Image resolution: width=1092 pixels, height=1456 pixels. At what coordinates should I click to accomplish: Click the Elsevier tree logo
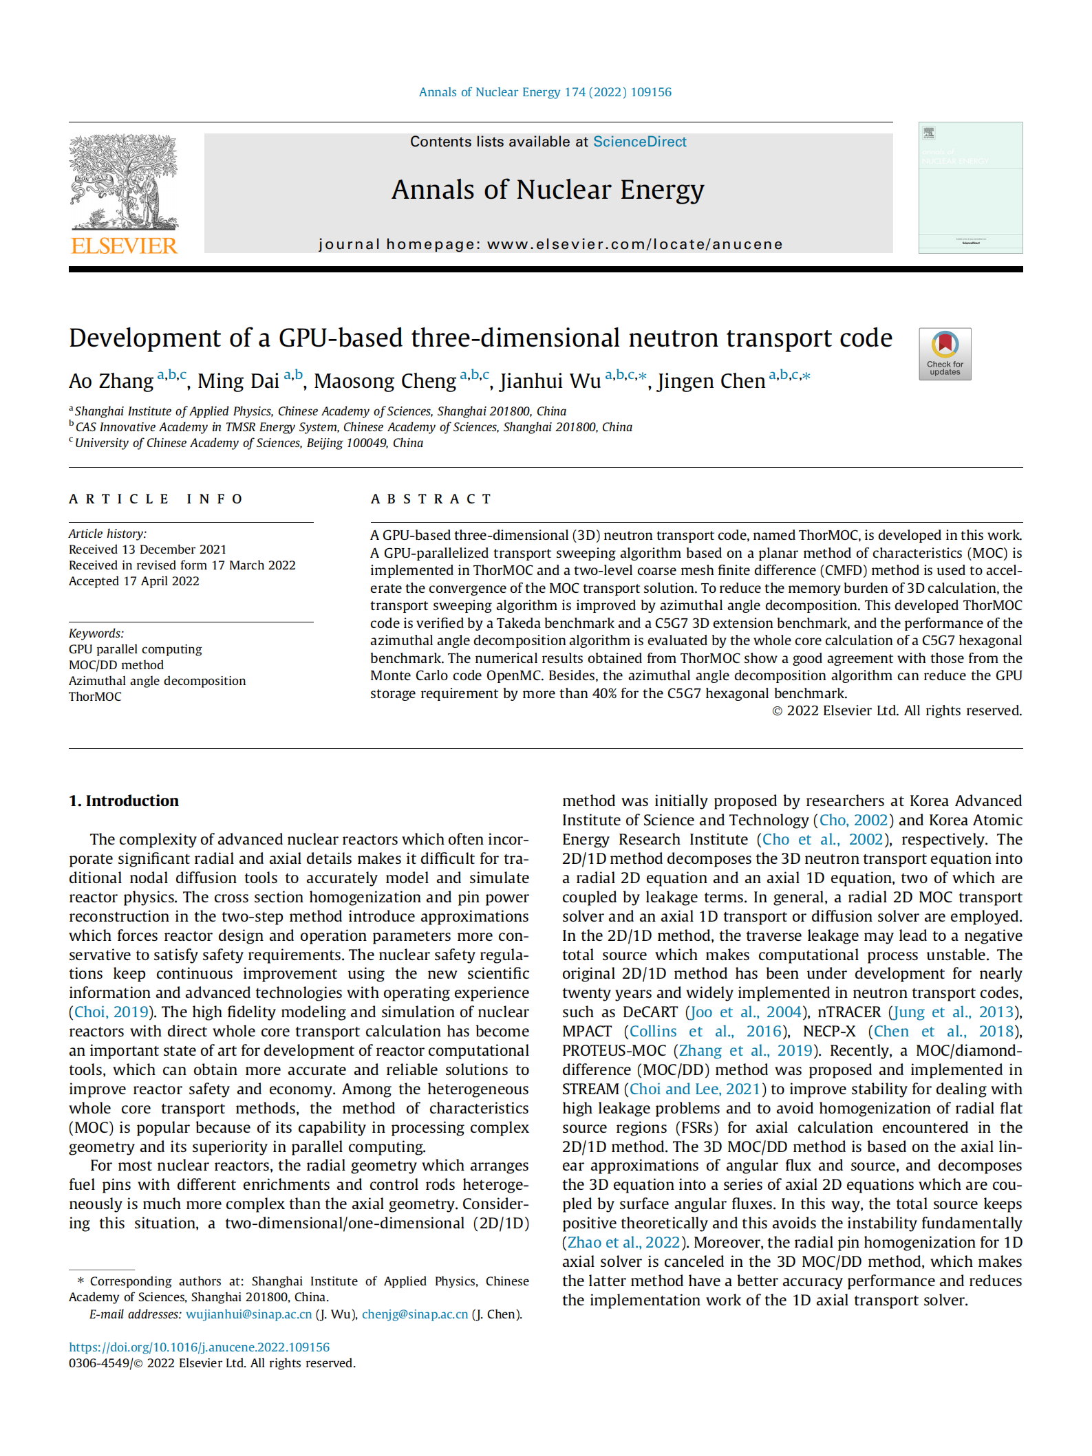pyautogui.click(x=124, y=182)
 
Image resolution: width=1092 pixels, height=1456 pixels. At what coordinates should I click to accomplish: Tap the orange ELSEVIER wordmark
pyautogui.click(x=124, y=246)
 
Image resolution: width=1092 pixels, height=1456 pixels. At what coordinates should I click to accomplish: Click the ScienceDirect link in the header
pyautogui.click(x=639, y=142)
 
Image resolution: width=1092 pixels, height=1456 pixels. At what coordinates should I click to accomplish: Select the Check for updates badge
pyautogui.click(x=944, y=354)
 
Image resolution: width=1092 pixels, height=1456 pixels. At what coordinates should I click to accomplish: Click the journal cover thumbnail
pyautogui.click(x=970, y=188)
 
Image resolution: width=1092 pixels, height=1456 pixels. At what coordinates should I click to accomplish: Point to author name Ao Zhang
pyautogui.click(x=111, y=381)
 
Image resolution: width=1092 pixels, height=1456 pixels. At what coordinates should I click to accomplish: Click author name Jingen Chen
pyautogui.click(x=711, y=381)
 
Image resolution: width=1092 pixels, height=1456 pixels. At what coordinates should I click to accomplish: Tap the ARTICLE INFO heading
pyautogui.click(x=156, y=499)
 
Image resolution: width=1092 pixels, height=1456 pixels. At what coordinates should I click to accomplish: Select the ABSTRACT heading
pyautogui.click(x=431, y=499)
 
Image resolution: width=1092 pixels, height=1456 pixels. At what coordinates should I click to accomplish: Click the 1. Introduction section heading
pyautogui.click(x=124, y=801)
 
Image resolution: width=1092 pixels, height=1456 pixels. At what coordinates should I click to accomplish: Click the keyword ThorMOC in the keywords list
pyautogui.click(x=95, y=697)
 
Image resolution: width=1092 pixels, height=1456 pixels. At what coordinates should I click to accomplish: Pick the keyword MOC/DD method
pyautogui.click(x=116, y=665)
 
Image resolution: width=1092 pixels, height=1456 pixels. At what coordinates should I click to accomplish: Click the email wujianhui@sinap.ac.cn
pyautogui.click(x=248, y=1314)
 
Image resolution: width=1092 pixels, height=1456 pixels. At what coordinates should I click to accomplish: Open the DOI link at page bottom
pyautogui.click(x=199, y=1347)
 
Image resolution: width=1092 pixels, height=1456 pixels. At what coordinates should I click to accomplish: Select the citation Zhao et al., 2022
pyautogui.click(x=623, y=1243)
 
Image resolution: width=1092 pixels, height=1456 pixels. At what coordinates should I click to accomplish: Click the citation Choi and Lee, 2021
pyautogui.click(x=694, y=1089)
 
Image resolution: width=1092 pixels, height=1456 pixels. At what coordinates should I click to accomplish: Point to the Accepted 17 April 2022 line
pyautogui.click(x=134, y=581)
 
